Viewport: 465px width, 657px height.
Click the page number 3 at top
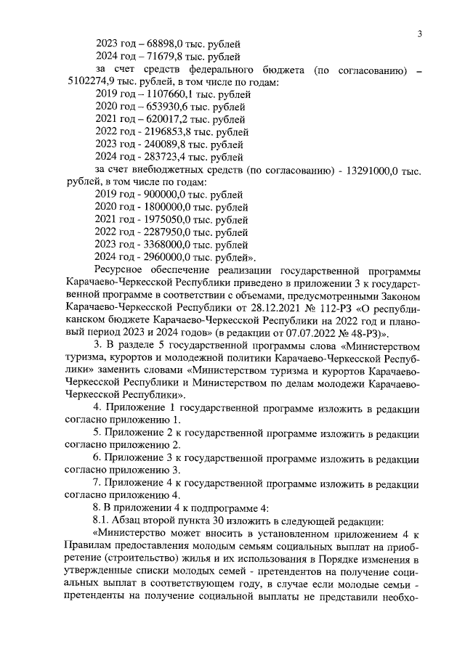(420, 33)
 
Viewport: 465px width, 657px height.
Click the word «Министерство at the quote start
(134, 534)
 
